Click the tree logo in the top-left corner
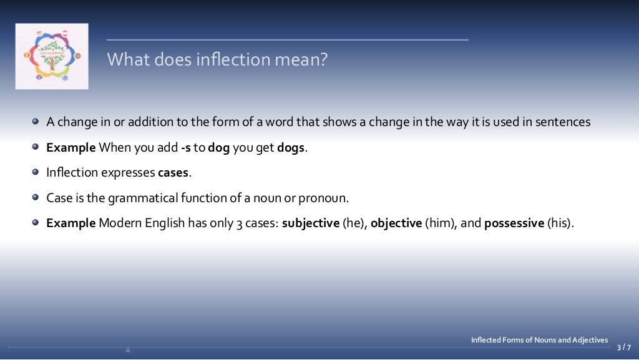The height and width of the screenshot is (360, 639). (x=52, y=56)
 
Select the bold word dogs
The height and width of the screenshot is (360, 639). (x=292, y=148)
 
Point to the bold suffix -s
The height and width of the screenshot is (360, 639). (x=185, y=148)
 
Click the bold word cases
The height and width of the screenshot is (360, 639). (x=173, y=173)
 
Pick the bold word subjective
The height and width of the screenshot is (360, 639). (x=310, y=223)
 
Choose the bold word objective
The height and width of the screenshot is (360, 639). (x=396, y=223)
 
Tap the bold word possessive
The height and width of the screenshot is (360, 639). (x=514, y=223)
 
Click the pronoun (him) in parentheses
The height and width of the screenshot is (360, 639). (x=441, y=223)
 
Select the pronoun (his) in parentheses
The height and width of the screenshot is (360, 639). (x=560, y=223)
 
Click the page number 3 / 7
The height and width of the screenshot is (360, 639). (x=623, y=348)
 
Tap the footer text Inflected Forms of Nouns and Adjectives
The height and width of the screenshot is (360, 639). (x=539, y=340)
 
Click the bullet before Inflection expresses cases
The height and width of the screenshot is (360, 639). (x=36, y=173)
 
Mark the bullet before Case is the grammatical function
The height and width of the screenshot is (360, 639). (x=36, y=198)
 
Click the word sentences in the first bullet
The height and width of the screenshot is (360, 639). (x=564, y=122)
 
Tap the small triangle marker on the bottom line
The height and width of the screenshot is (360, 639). (x=128, y=349)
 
